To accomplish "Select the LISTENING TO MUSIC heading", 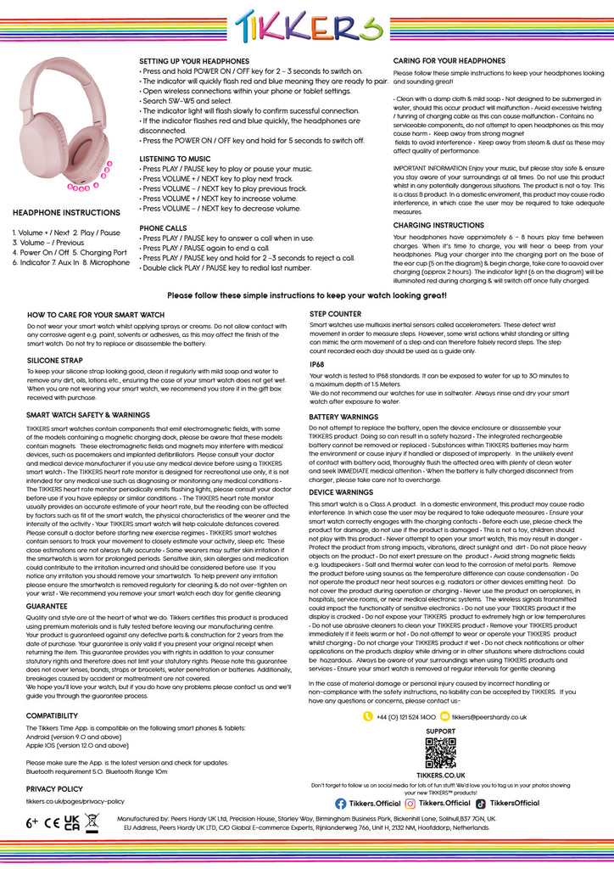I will [x=176, y=159].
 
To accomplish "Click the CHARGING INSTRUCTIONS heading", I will [x=438, y=226].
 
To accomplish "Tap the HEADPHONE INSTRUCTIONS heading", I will [x=66, y=213].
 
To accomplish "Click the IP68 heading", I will [x=316, y=363].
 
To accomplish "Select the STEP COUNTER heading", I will [x=334, y=314].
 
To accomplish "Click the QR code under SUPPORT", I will [x=440, y=753].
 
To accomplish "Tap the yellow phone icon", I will [x=368, y=717].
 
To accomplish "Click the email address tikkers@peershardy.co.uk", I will [x=489, y=717].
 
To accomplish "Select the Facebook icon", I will [x=341, y=804].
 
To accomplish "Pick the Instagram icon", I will [x=410, y=804].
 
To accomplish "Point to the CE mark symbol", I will [x=52, y=822].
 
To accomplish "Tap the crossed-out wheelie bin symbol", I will [x=92, y=821].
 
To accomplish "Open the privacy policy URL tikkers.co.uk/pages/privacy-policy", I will [x=75, y=800].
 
